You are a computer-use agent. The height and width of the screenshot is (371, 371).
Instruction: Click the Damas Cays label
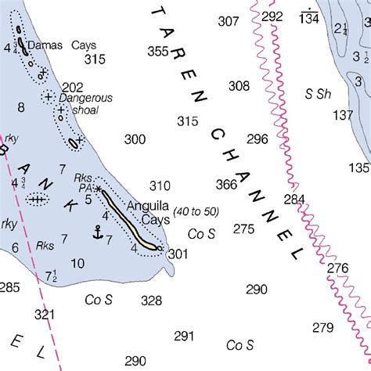(62, 45)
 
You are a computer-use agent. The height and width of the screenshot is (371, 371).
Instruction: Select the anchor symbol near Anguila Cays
(98, 232)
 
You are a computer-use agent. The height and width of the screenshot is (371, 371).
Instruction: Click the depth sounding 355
(158, 52)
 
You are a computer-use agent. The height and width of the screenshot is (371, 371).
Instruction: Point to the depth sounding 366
(226, 185)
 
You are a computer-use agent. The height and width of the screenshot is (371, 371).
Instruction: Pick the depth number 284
(294, 200)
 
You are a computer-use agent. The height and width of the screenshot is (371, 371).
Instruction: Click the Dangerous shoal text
(86, 105)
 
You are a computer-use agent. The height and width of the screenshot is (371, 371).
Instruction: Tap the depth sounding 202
(72, 87)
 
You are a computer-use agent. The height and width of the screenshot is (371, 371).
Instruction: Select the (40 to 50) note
(196, 211)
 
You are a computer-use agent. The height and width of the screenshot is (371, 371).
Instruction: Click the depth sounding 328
(151, 301)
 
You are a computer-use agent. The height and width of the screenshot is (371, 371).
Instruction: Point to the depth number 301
(178, 254)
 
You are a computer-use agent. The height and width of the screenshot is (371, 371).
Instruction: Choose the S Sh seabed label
(319, 94)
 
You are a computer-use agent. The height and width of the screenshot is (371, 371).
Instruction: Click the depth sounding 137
(343, 115)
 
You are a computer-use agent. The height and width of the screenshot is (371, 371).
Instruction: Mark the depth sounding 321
(46, 314)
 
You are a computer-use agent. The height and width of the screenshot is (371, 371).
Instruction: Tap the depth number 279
(322, 327)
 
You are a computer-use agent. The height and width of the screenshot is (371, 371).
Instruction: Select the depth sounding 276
(337, 268)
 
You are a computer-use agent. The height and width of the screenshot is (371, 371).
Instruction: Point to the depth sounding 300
(135, 139)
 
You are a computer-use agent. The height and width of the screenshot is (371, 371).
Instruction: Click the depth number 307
(229, 21)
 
